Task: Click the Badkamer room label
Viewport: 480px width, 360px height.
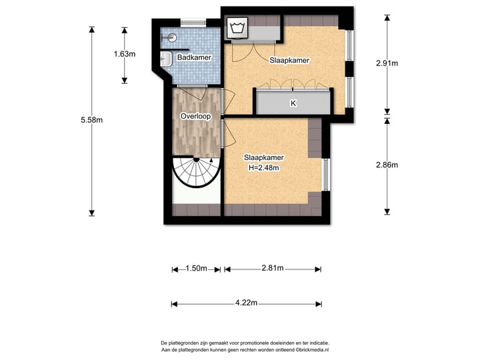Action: point(194,57)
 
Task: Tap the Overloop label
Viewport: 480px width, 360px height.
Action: point(195,116)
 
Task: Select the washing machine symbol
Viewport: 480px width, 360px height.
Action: point(237,28)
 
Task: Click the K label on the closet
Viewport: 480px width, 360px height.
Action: point(293,103)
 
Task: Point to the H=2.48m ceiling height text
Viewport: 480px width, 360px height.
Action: point(263,168)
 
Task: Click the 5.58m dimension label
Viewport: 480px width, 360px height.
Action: point(91,120)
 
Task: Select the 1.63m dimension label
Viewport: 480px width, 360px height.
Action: point(125,54)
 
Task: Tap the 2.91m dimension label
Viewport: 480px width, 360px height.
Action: point(387,63)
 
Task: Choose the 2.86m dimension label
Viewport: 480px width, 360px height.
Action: point(387,165)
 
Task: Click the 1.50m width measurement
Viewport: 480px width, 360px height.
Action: point(196,269)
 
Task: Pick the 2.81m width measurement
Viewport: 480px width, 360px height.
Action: point(273,268)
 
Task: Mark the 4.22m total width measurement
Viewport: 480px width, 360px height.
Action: point(246,303)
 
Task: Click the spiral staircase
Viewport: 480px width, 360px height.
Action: point(196,172)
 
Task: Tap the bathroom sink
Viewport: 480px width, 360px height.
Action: point(166,59)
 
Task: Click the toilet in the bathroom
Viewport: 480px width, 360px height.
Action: point(169,38)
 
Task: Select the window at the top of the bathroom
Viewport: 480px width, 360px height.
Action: point(193,23)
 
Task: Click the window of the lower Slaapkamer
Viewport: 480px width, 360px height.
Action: point(326,175)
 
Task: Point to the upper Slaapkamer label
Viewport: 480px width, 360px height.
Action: point(289,60)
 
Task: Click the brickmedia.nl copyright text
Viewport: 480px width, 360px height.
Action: point(312,350)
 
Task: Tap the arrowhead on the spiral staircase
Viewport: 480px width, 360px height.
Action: point(211,160)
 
